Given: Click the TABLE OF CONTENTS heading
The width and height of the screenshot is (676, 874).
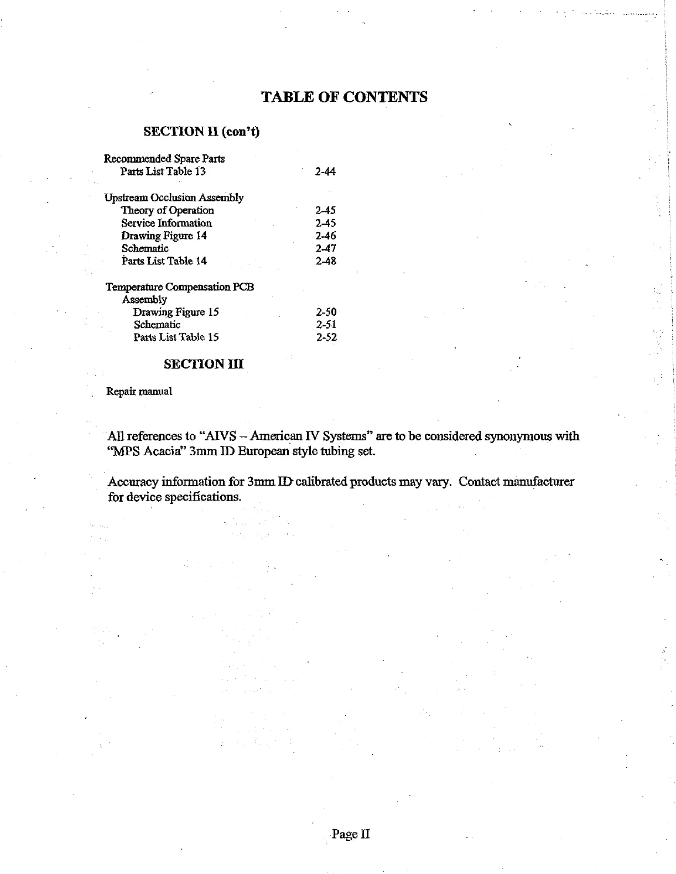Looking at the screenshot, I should point(344,97).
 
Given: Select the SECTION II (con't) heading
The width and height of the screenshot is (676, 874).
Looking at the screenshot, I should point(201,132).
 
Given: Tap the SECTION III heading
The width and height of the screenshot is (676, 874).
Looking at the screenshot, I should point(204,364).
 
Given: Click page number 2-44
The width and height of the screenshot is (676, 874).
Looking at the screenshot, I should point(325,171).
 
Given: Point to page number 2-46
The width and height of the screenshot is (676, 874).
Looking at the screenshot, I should point(325,236).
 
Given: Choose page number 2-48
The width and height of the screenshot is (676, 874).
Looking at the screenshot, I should point(326,261).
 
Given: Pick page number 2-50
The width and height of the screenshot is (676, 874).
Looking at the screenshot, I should point(326,312).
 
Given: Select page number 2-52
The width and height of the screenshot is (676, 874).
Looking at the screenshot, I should point(326,337).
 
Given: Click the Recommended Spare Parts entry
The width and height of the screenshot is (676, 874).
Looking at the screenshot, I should point(164,159).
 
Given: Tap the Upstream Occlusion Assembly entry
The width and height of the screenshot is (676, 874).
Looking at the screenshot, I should point(174,197).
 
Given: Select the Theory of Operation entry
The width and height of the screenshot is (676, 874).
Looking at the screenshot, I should point(167,210).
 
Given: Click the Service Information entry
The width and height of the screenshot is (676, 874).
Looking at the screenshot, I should point(167,223).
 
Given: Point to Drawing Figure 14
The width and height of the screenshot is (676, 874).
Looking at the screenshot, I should point(164,236).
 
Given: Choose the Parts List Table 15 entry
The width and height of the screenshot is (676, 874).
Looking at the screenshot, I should point(176,337).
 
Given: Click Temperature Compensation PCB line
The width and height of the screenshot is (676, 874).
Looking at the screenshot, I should point(180,287).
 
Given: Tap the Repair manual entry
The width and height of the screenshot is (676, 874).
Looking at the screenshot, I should point(139,392).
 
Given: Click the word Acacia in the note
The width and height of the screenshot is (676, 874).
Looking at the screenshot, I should point(163,451).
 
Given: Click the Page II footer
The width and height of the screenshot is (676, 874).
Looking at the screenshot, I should point(351,834).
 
